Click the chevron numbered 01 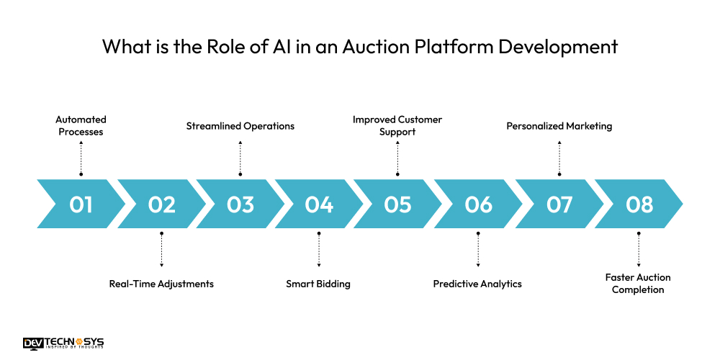81,204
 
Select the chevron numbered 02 161,204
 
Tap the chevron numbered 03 240,204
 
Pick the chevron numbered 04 319,204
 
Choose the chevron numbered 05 397,204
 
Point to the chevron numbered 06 478,204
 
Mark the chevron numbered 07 559,204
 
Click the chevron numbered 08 639,204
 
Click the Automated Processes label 81,126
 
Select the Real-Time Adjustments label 161,284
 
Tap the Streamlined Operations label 240,126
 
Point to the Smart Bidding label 318,284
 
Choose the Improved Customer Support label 397,126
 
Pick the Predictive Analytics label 477,284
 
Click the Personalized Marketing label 559,126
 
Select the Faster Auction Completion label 638,284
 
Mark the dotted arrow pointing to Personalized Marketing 559,157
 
